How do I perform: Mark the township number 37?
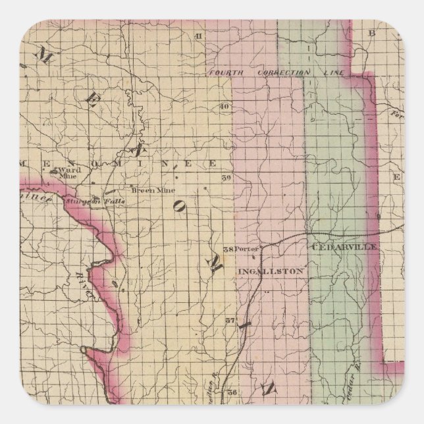click(x=230, y=321)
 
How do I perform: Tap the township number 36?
click(x=232, y=392)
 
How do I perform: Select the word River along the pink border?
click(x=85, y=287)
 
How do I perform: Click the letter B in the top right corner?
click(x=371, y=32)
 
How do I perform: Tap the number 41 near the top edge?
click(x=197, y=35)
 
